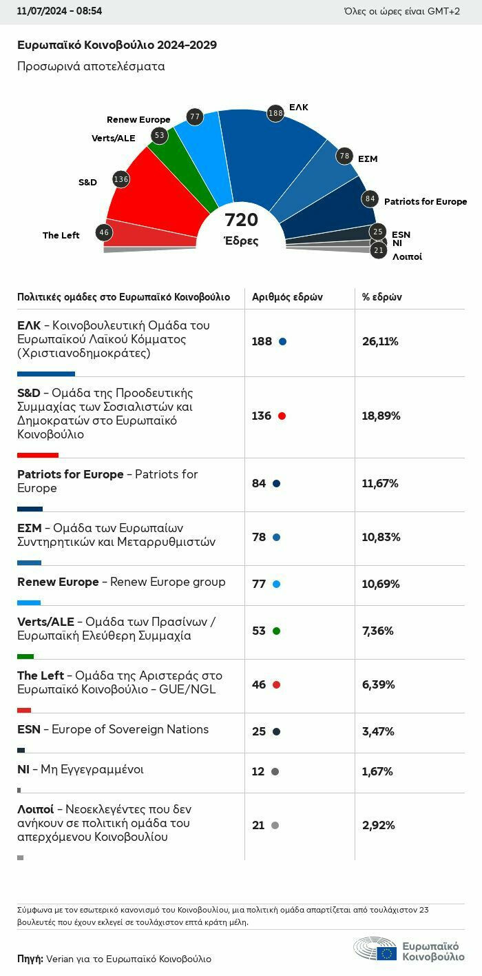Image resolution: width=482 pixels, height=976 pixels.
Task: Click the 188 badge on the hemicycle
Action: [275, 113]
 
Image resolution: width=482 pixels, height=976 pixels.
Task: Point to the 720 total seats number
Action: [241, 221]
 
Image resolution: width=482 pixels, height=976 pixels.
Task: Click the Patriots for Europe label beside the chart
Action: [425, 202]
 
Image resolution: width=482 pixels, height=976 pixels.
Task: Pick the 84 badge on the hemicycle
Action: [370, 199]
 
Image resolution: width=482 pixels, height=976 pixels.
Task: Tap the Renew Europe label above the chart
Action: [138, 120]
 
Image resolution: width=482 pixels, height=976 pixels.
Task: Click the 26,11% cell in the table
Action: [380, 341]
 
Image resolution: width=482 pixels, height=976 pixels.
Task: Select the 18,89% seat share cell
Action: [381, 416]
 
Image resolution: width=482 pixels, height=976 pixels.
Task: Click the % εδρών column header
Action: [382, 297]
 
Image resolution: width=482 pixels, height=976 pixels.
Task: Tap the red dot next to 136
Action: [282, 416]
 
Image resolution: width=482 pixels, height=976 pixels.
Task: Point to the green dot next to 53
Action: [276, 631]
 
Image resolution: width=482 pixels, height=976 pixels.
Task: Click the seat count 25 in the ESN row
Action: [259, 731]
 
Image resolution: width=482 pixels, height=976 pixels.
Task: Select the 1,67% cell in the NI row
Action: [377, 771]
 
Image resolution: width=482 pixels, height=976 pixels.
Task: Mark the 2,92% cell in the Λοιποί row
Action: [378, 825]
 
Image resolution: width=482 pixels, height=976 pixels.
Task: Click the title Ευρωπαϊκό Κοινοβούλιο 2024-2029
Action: [116, 45]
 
